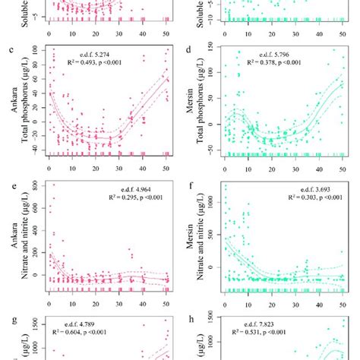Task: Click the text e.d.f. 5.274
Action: tap(101, 54)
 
